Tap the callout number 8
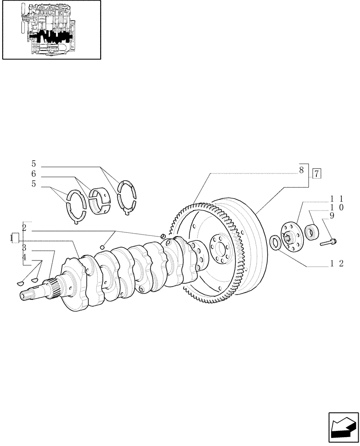tap(302, 169)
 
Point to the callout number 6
tap(33, 174)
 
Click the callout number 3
tap(24, 248)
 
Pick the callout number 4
tap(24, 257)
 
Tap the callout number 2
tap(24, 228)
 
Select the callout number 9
tap(331, 216)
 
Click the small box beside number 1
tap(15, 238)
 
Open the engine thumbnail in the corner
tap(51, 30)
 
